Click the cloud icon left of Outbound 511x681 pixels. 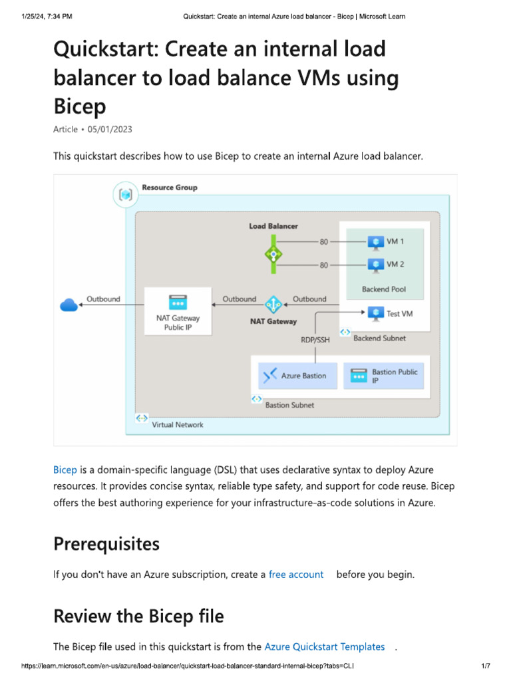coord(69,305)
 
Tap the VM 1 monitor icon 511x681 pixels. coord(376,242)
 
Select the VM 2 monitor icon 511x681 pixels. coord(376,264)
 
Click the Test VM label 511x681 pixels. coord(399,313)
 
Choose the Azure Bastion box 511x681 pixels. coord(298,376)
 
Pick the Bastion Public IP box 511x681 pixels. coord(384,376)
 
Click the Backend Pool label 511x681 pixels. coord(384,289)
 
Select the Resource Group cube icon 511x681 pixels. coord(125,195)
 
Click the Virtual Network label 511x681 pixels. coord(178,424)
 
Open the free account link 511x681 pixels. coord(296,574)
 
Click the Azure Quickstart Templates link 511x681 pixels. coord(325,646)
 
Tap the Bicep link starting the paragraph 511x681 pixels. coord(65,469)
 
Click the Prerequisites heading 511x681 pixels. coord(106,544)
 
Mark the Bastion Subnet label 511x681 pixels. coord(289,404)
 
